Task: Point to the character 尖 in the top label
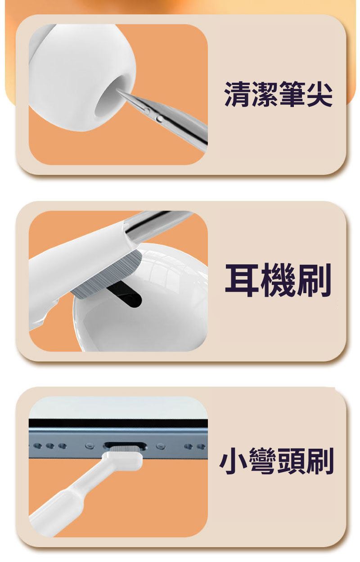pyautogui.click(x=319, y=94)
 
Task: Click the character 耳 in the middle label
pyautogui.click(x=242, y=280)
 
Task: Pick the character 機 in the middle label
pyautogui.click(x=278, y=280)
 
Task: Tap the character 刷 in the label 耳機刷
pyautogui.click(x=314, y=280)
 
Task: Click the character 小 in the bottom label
pyautogui.click(x=234, y=461)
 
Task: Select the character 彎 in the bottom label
pyautogui.click(x=261, y=461)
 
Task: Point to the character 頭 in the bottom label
pyautogui.click(x=291, y=461)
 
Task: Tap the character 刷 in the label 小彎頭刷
pyautogui.click(x=319, y=461)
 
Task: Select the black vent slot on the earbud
pyautogui.click(x=124, y=295)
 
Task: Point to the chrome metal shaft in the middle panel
pyautogui.click(x=158, y=224)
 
